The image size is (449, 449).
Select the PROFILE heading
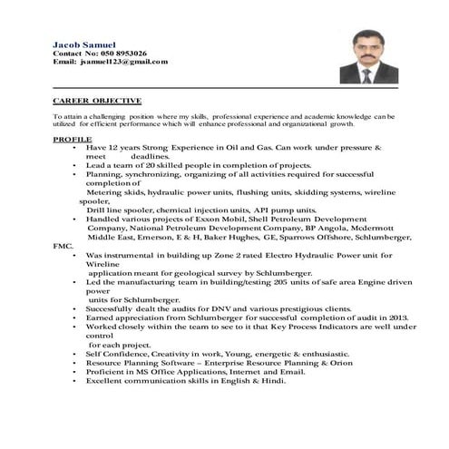point(73,141)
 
